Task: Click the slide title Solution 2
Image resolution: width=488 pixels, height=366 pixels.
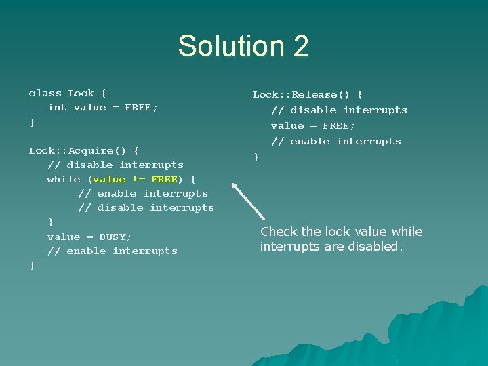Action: [x=243, y=46]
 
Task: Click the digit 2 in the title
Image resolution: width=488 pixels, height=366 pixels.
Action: [x=300, y=46]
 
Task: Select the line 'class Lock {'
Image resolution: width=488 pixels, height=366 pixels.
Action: [x=68, y=93]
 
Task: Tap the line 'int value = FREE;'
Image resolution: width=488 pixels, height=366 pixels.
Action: [x=102, y=107]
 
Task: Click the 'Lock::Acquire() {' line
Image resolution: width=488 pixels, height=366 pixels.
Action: [x=84, y=150]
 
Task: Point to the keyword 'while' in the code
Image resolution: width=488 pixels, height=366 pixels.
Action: [x=64, y=179]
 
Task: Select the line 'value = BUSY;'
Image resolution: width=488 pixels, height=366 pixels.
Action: [x=89, y=237]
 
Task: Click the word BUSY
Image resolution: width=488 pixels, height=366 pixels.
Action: [x=115, y=237]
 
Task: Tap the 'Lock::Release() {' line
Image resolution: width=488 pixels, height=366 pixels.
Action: [x=307, y=94]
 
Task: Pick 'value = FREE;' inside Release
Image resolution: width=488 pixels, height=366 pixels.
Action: [x=313, y=125]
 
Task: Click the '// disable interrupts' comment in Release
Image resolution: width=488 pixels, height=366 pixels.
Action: [x=339, y=110]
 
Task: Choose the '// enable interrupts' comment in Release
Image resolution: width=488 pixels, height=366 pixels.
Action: [x=336, y=141]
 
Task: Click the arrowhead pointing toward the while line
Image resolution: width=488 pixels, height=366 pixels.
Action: [x=235, y=185]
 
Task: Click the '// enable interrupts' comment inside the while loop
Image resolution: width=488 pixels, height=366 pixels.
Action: [x=143, y=193]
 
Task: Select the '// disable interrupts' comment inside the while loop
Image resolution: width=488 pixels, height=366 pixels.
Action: [x=146, y=207]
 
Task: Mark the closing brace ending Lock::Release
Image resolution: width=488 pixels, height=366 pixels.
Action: [x=256, y=157]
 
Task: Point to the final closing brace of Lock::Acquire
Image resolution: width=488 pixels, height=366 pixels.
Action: [x=31, y=265]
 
